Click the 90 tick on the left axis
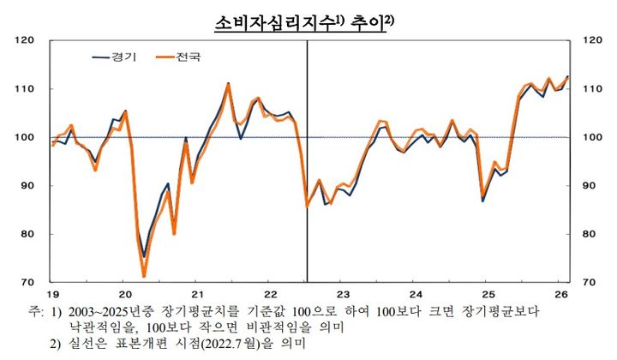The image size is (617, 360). coord(27,186)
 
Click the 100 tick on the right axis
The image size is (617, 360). coord(591,137)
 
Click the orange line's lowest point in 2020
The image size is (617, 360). coord(144,276)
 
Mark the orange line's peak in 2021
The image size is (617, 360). coord(228,84)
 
